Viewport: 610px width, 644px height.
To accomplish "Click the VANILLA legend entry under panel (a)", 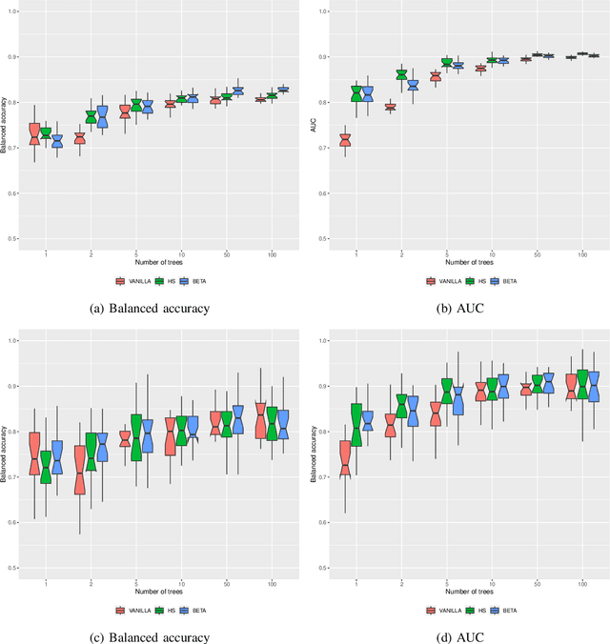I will pos(130,281).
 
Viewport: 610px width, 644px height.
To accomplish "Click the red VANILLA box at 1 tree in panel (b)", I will pos(344,140).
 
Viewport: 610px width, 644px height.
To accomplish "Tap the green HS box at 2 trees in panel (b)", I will pos(401,74).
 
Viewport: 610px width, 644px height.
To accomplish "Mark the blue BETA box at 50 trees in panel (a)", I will pos(237,91).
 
